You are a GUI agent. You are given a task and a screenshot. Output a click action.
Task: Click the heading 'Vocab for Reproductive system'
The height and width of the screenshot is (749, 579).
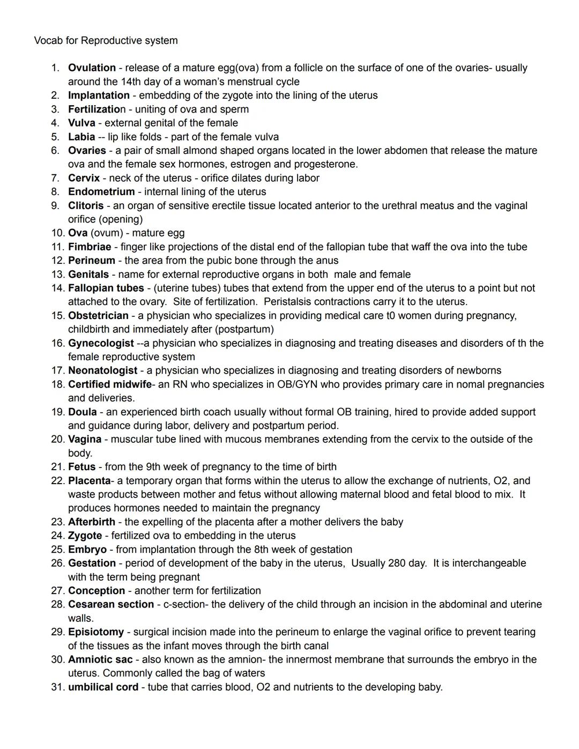point(106,41)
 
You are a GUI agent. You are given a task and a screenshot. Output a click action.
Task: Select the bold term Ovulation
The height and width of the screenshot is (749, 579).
point(92,68)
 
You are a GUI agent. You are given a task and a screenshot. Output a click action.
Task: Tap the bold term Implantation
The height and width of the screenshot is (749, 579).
point(99,95)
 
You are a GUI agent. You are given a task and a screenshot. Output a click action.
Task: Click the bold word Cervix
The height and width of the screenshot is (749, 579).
point(84,178)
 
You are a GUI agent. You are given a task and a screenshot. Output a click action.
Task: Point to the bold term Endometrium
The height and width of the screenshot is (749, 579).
point(101,192)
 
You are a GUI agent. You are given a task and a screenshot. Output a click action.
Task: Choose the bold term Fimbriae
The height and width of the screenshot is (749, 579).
point(90,247)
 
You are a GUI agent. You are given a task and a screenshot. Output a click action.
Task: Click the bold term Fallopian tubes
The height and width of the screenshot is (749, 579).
point(106,288)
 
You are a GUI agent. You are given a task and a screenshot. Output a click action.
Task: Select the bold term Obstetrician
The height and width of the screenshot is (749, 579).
point(98,316)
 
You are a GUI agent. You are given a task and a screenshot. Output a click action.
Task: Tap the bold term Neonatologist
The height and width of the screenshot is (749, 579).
point(102,370)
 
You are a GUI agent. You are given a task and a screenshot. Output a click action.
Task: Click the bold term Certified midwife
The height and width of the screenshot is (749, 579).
point(110,384)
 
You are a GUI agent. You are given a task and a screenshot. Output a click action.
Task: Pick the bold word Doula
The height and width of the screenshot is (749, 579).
point(83,412)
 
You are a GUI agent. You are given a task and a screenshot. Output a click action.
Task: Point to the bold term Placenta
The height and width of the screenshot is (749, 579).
point(89,480)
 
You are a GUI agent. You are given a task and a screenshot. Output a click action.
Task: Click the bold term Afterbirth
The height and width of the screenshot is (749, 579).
point(92,522)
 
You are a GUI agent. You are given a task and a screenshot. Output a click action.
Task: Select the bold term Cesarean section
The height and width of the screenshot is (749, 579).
point(111,604)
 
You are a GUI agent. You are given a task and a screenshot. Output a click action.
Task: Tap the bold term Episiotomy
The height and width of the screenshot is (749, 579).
point(96,632)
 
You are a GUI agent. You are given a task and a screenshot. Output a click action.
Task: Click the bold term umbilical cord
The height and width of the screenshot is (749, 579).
point(103,687)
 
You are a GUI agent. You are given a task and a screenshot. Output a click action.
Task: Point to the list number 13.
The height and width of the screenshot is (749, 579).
point(57,275)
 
